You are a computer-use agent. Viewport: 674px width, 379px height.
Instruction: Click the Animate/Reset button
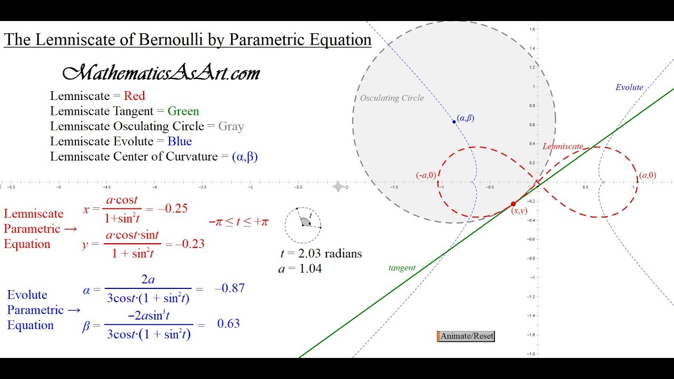pos(467,336)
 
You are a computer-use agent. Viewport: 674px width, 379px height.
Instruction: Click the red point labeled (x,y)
pos(513,204)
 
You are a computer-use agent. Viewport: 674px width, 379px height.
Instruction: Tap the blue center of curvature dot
pos(454,122)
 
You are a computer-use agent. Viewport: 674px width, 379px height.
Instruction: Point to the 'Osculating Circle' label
pos(392,98)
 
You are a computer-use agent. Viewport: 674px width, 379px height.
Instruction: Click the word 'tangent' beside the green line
pos(402,268)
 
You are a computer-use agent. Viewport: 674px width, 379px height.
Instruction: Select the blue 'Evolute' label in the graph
pos(629,87)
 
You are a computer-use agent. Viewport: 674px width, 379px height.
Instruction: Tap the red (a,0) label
pos(647,175)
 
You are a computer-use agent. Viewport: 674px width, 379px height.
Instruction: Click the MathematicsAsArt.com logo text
pos(161,73)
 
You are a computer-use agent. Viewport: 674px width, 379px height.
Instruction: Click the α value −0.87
pos(230,288)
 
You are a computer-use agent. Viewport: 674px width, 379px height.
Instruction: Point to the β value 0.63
pos(229,323)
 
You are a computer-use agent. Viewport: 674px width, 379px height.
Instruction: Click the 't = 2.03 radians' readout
pos(321,254)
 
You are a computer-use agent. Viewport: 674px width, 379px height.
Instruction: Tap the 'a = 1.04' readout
pos(300,269)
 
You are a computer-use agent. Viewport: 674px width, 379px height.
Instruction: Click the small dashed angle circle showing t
pos(303,225)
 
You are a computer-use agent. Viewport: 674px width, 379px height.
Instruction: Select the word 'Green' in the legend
pos(183,111)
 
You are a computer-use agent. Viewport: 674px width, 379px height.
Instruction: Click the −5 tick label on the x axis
pos(58,187)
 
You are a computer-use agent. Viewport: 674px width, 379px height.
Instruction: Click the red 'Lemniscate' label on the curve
pos(562,146)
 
